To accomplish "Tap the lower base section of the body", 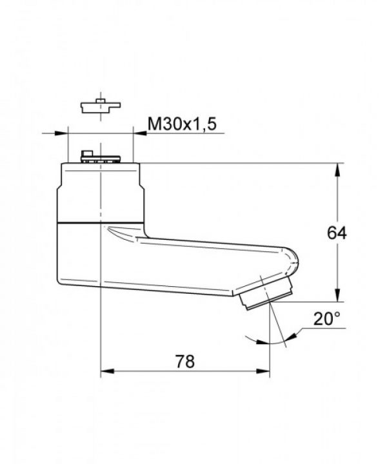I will click(x=81, y=255).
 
